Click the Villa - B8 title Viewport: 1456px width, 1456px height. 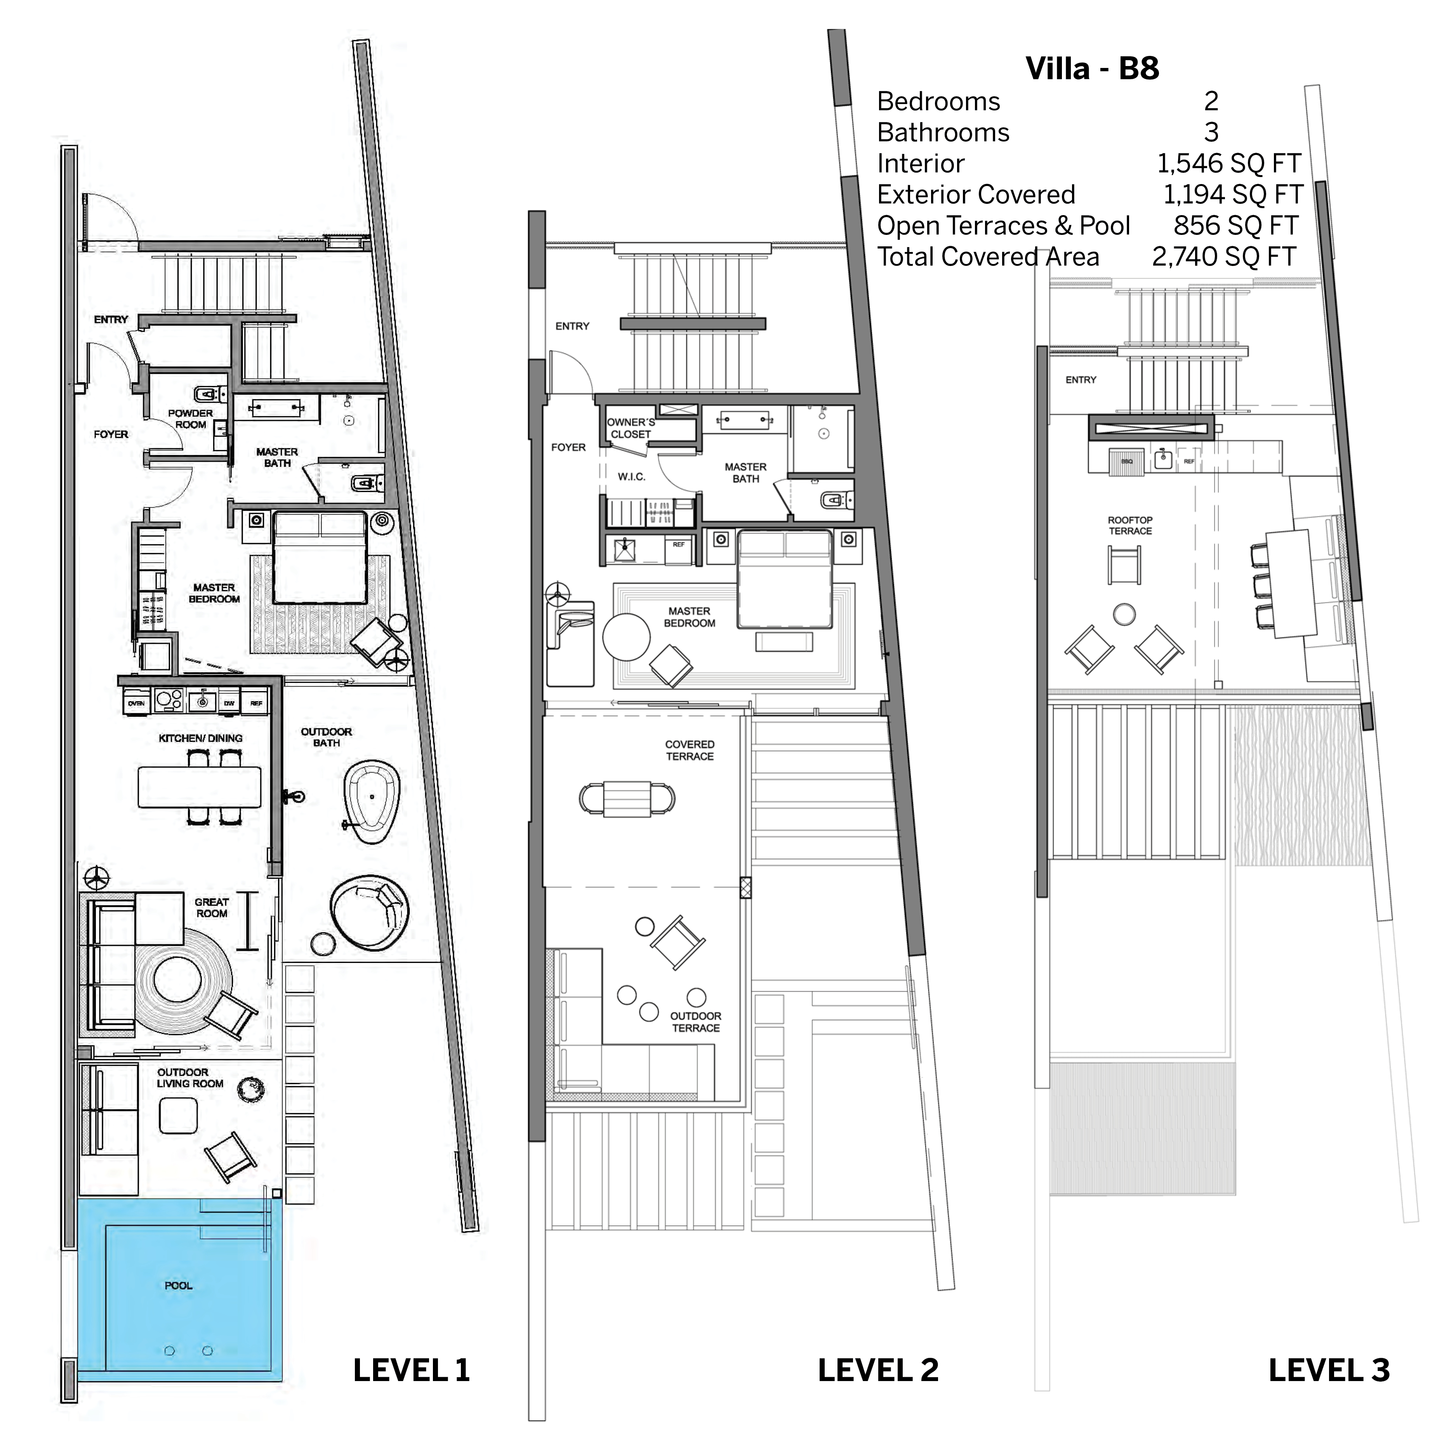1092,69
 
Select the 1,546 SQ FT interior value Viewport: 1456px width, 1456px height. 1228,163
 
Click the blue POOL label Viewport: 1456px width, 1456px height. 179,1286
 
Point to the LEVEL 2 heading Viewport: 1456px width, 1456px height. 878,1370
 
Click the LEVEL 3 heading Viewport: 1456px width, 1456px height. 1329,1370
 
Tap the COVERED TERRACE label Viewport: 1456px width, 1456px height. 690,750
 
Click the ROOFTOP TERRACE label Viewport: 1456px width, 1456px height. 1130,525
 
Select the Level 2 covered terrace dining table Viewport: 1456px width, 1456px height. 627,798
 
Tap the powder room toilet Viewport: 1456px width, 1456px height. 207,393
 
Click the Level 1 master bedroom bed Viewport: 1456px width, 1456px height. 320,558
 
